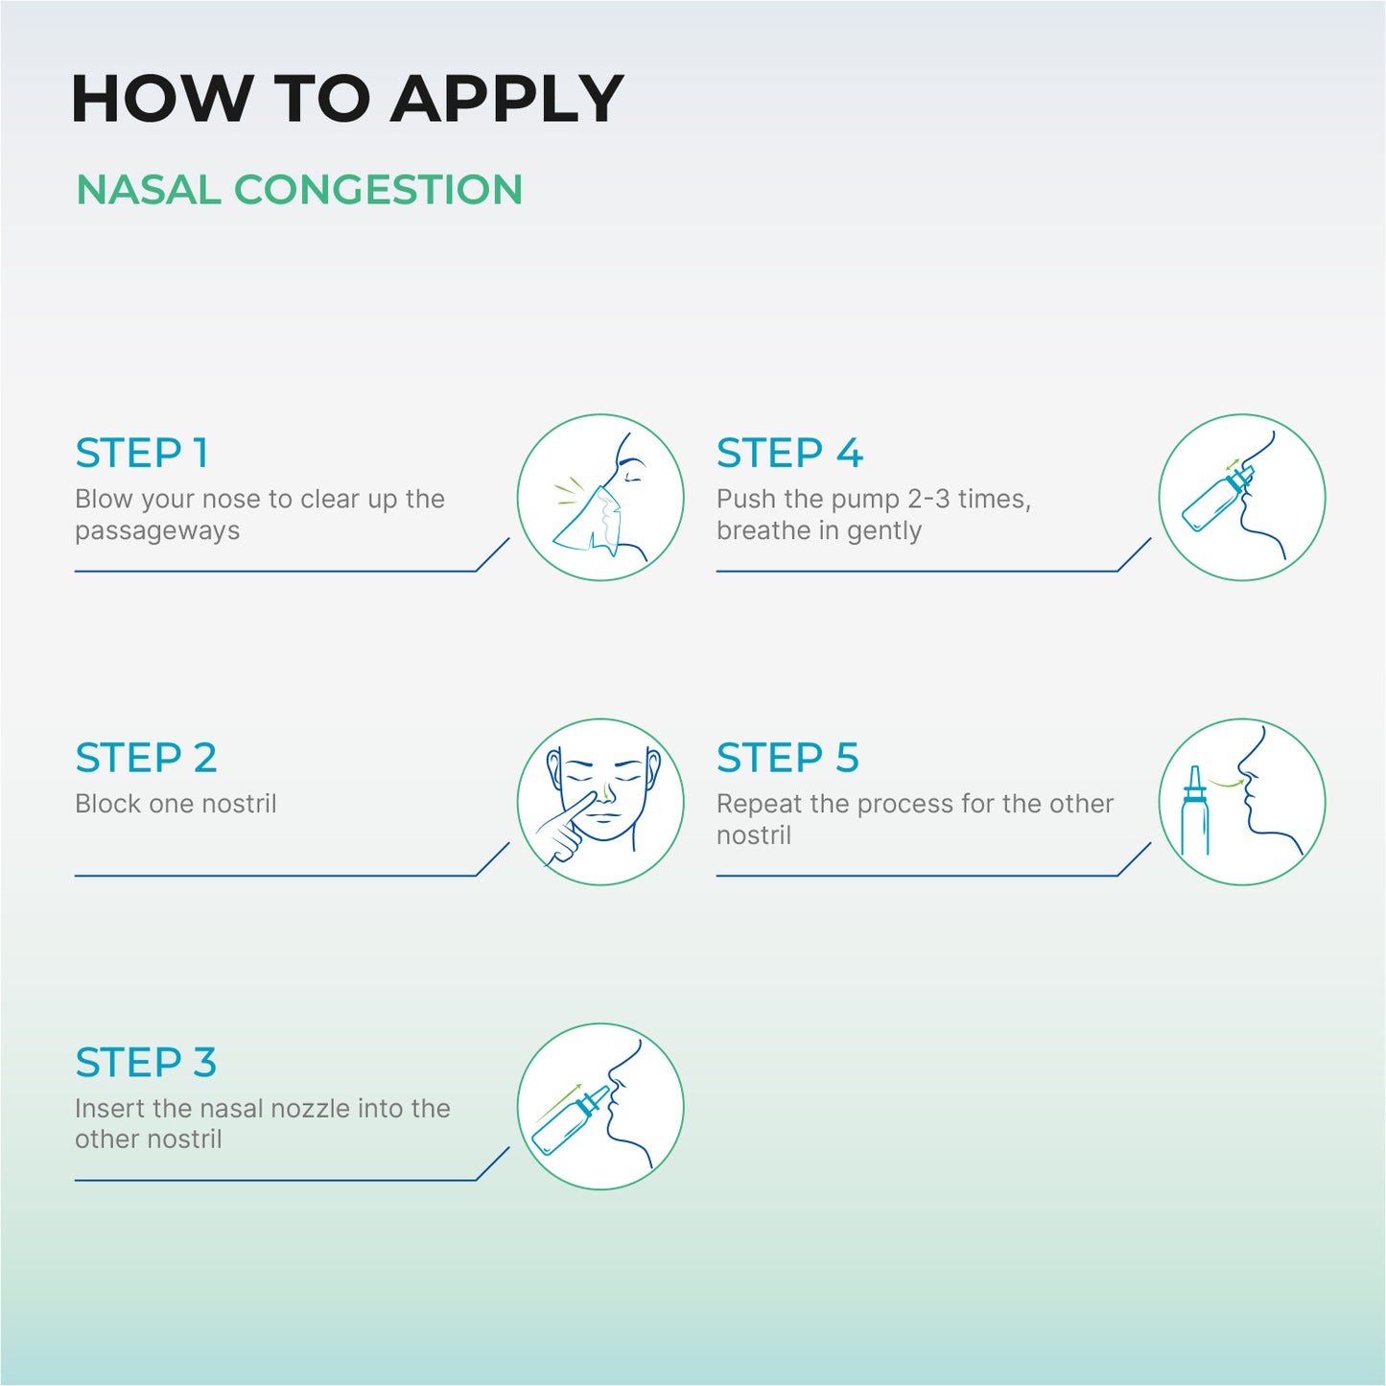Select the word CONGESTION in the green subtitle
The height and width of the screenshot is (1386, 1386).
tap(378, 190)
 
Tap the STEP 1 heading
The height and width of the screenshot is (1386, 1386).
tap(142, 454)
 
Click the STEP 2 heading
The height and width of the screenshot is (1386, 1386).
tap(146, 759)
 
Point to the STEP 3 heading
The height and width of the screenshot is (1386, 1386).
tap(146, 1063)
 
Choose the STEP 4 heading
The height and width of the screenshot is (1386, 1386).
tap(789, 454)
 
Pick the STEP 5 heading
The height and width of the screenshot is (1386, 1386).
tap(787, 759)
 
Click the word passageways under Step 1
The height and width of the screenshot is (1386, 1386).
tap(157, 531)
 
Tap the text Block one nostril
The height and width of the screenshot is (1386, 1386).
tap(176, 804)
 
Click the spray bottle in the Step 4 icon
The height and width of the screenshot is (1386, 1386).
tap(1210, 499)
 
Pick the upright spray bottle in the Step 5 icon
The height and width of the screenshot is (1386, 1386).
tap(1195, 815)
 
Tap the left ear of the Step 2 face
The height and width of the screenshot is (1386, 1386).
tap(553, 765)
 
